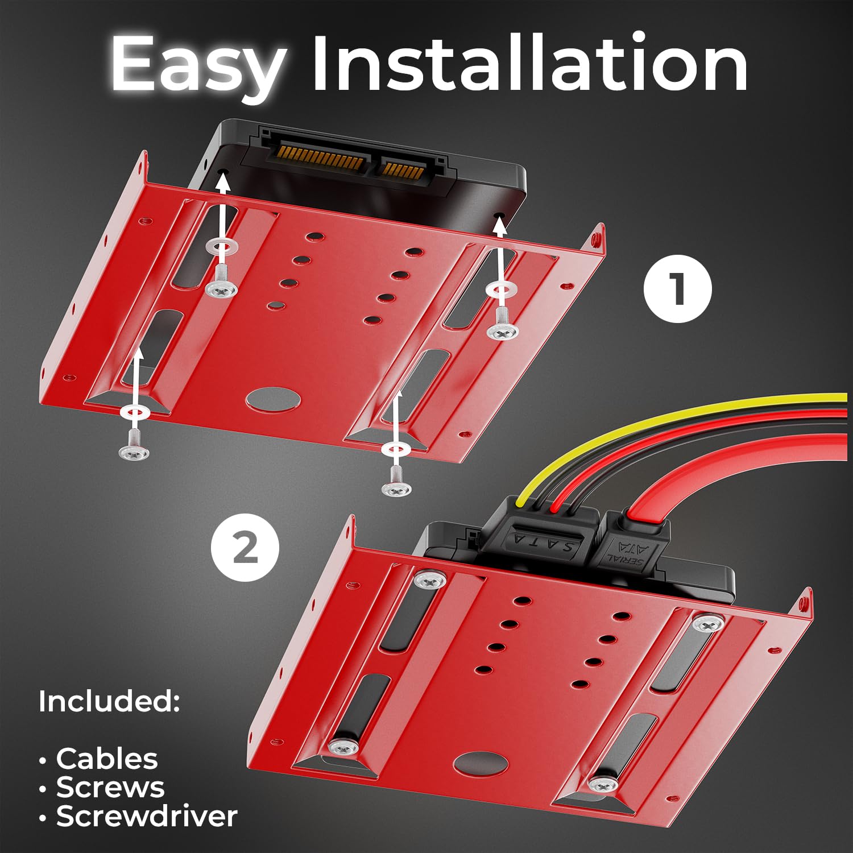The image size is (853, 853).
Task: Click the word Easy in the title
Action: [x=197, y=64]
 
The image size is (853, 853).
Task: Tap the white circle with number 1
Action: [x=677, y=289]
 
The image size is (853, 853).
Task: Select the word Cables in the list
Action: [x=106, y=759]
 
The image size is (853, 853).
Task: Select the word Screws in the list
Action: [x=110, y=788]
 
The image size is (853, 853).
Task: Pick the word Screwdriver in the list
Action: [x=146, y=817]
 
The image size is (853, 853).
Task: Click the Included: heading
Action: [x=109, y=701]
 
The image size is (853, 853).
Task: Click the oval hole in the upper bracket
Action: [x=274, y=398]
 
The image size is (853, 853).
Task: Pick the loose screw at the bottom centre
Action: [x=396, y=488]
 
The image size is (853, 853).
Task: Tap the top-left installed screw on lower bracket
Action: [x=430, y=579]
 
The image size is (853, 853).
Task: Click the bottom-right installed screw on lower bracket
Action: [x=603, y=785]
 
